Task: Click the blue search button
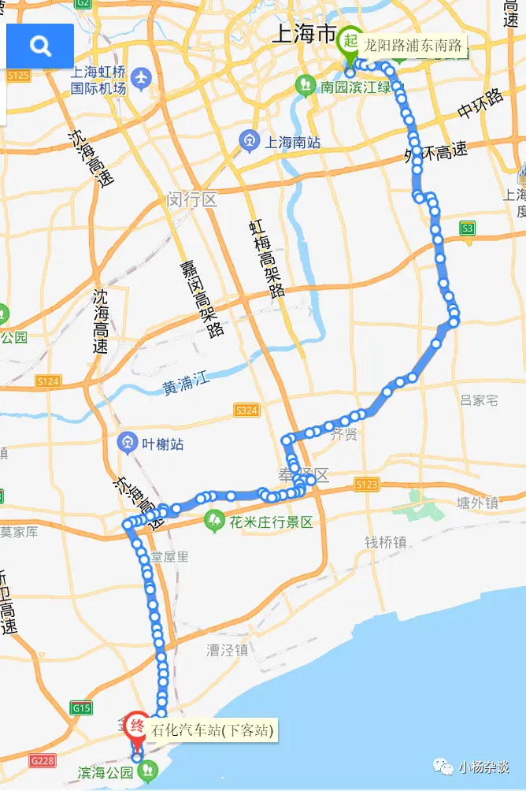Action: (x=40, y=46)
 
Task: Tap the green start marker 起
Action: (x=349, y=45)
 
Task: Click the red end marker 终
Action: (x=137, y=727)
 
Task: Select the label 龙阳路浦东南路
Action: (x=413, y=46)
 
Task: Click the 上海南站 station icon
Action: (x=250, y=142)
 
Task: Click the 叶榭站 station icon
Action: (x=127, y=444)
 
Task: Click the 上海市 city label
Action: (x=303, y=34)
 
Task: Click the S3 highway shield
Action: (x=469, y=228)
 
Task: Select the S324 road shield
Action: (x=246, y=410)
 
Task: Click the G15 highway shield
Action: (x=81, y=707)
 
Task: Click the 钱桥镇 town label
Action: (x=385, y=542)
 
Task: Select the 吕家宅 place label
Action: (x=479, y=400)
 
